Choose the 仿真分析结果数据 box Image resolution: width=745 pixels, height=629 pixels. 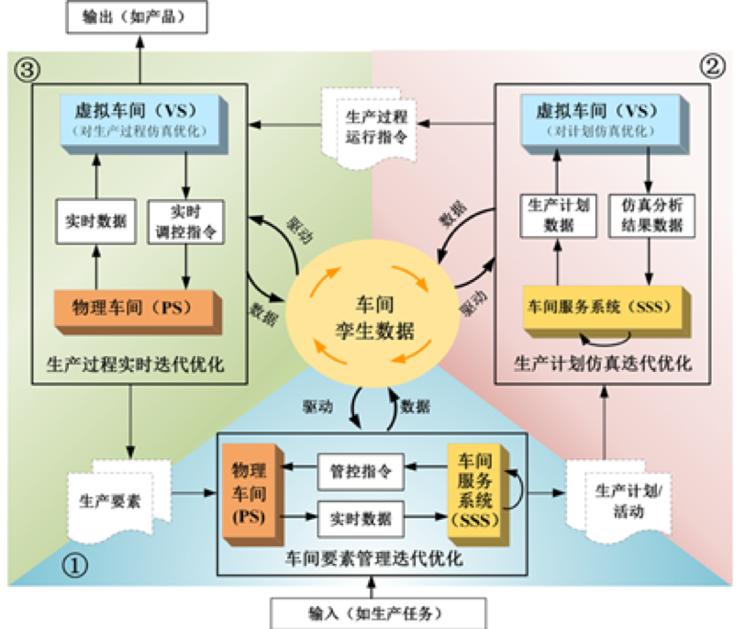point(650,219)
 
